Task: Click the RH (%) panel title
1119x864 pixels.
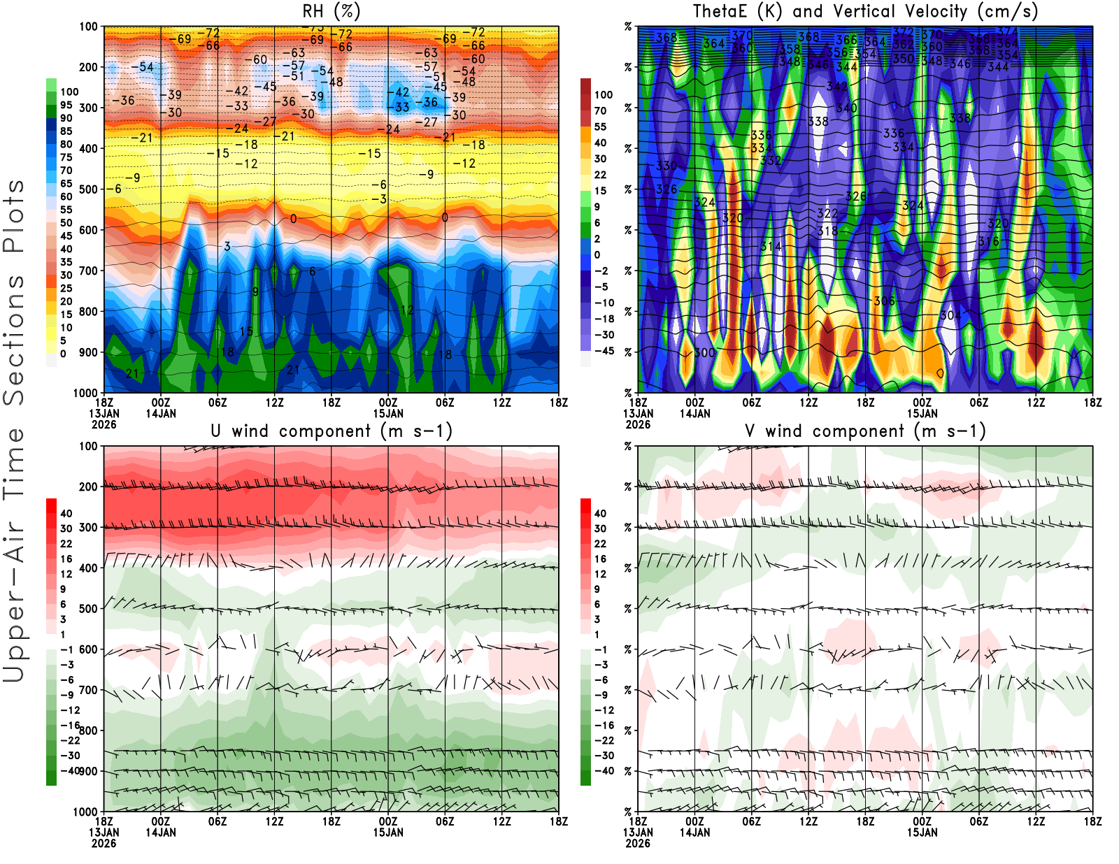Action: coord(332,11)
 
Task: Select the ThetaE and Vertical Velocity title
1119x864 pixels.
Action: coord(865,11)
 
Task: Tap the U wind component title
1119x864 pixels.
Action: coord(332,431)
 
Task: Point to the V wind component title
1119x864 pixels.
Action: coord(865,431)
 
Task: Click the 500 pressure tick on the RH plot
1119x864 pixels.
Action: coord(89,189)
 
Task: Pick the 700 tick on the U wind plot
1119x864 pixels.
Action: coord(89,690)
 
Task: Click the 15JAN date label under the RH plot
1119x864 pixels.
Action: coord(387,413)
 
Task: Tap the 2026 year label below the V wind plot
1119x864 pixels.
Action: coord(638,843)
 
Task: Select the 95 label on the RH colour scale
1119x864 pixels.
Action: coord(66,105)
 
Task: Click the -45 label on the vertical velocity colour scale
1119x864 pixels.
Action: coord(604,351)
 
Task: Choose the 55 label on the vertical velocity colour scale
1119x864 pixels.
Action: coord(600,127)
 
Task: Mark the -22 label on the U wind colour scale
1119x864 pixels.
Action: coord(70,740)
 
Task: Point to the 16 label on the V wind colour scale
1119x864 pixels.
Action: coord(600,559)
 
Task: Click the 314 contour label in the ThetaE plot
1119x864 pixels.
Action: coord(771,246)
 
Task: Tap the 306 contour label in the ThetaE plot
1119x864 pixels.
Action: coord(884,301)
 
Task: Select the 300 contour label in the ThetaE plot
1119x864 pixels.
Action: coord(704,352)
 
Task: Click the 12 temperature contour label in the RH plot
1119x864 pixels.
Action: coord(407,310)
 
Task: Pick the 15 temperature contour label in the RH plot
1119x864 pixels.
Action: coord(246,331)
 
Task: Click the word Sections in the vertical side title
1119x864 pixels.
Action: coord(14,340)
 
